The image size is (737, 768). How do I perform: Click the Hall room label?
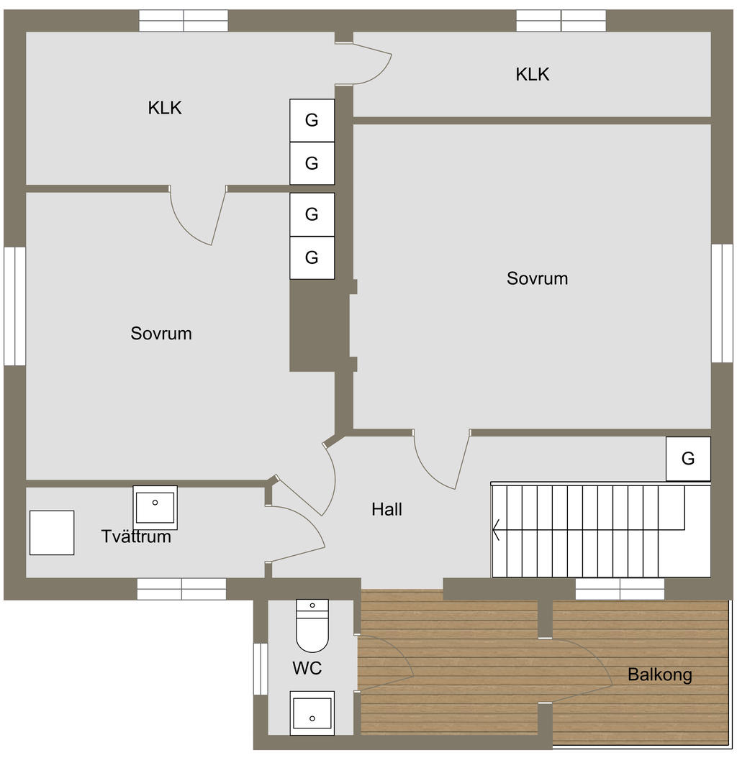coord(386,509)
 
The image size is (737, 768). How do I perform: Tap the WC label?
coord(307,667)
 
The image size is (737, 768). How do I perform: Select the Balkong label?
coord(659,675)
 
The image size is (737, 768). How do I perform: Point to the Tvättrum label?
coord(136,536)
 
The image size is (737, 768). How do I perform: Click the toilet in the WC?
coord(312,626)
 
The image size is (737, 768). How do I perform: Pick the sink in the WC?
coord(312,713)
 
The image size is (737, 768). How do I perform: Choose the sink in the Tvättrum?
coord(155,508)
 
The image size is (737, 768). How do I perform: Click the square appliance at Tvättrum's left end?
coord(52,533)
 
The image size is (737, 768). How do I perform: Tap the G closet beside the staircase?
coord(688,459)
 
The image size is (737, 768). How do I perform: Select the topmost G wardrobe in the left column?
coord(312,121)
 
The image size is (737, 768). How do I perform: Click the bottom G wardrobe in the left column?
coord(312,257)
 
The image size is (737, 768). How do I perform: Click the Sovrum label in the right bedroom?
coord(537,278)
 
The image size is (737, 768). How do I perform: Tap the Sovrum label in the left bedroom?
coord(160,334)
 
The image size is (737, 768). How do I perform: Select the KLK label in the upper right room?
coord(532,75)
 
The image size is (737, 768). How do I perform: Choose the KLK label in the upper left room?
coord(165,108)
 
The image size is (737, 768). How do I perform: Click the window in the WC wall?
coord(261,669)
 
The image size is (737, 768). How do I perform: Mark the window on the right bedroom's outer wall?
coord(722,303)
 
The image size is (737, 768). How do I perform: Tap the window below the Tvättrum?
coord(181,589)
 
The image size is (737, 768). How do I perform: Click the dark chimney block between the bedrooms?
coord(320,326)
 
